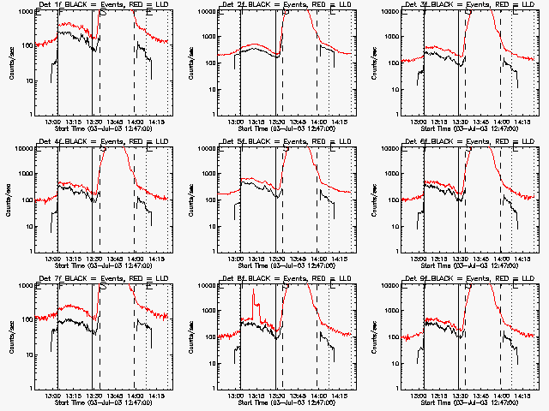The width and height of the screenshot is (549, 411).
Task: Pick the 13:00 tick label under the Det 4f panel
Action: pos(52,259)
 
